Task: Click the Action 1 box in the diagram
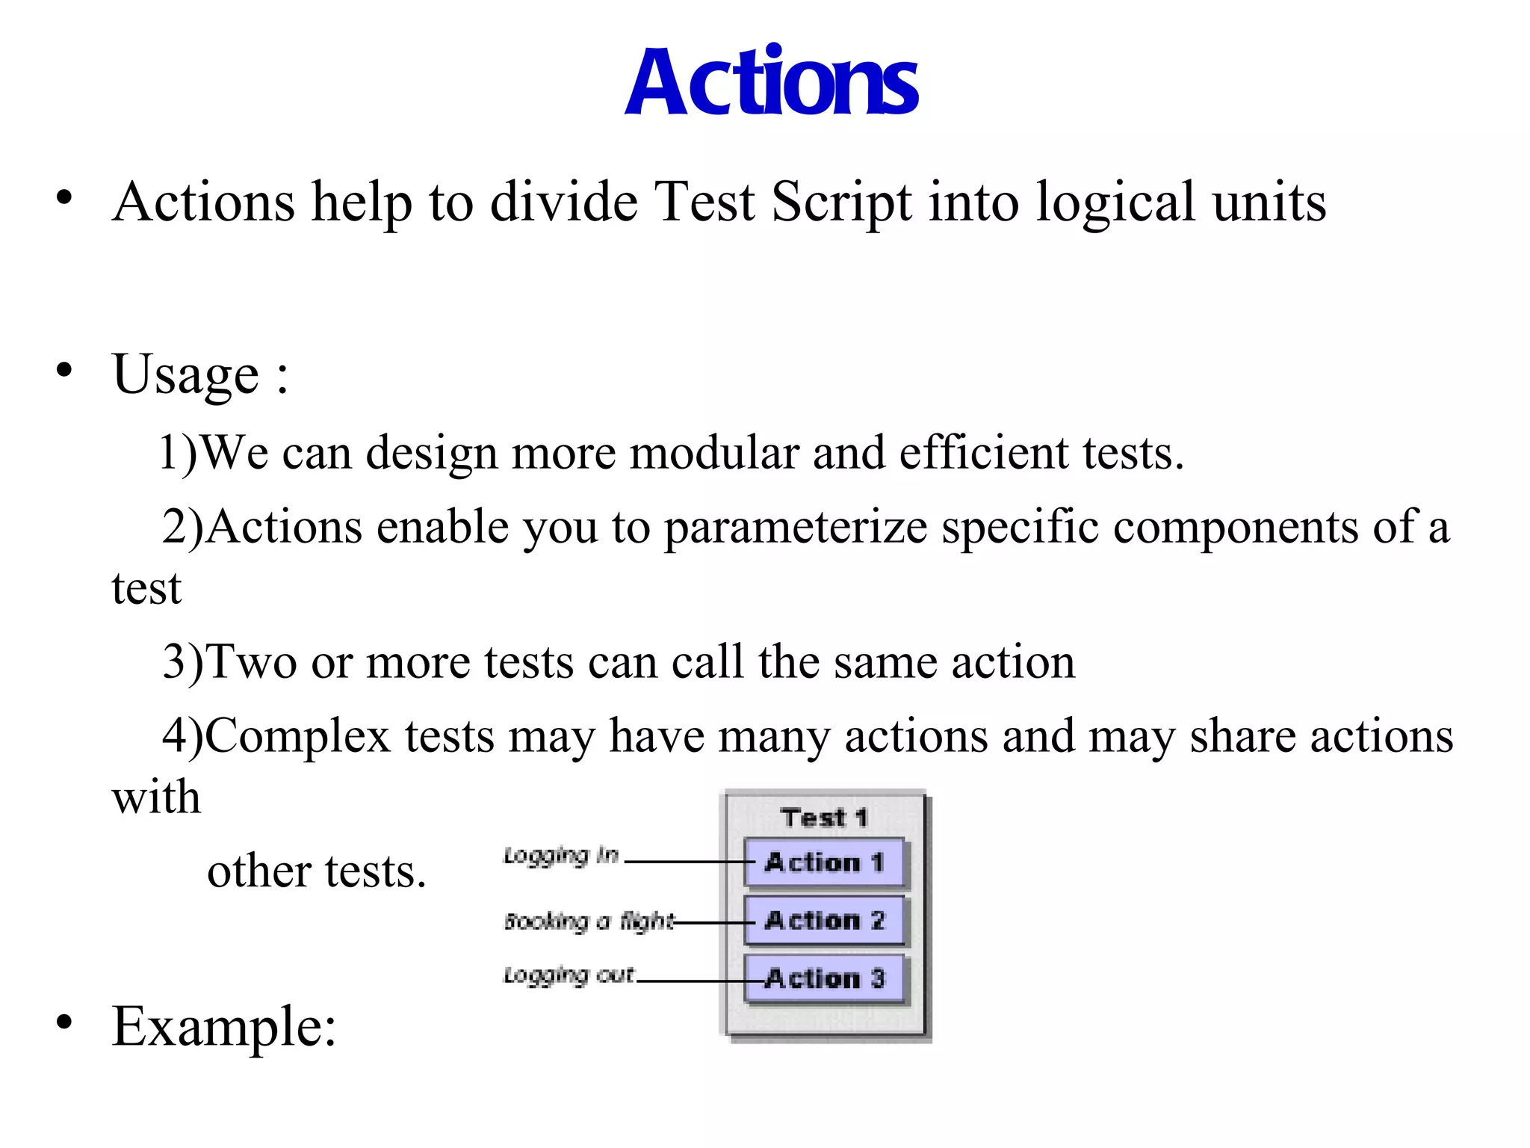click(825, 862)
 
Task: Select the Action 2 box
click(825, 920)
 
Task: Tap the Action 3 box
click(825, 978)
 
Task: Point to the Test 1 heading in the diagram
click(824, 817)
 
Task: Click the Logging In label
click(561, 855)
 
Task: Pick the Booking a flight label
click(589, 921)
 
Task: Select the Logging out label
click(569, 975)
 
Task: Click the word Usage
click(185, 374)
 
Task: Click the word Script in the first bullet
click(840, 203)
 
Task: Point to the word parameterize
click(796, 528)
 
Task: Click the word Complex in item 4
click(297, 736)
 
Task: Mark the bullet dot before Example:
click(64, 1021)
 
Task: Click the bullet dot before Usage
click(64, 369)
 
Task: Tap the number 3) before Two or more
click(183, 662)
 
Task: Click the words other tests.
click(316, 871)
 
